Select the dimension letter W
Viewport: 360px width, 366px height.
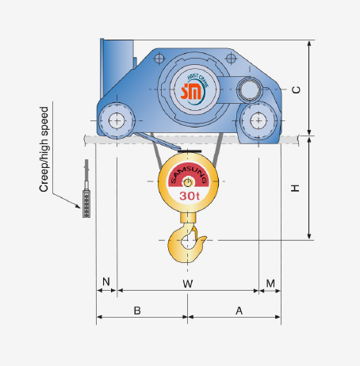click(x=188, y=283)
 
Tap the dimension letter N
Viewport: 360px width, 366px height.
click(x=106, y=283)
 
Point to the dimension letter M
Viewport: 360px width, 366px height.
click(x=270, y=283)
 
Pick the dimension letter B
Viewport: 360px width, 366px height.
click(x=137, y=311)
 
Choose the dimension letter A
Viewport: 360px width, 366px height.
click(x=239, y=311)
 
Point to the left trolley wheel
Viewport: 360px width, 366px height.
click(x=117, y=120)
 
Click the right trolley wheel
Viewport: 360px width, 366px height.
click(x=259, y=120)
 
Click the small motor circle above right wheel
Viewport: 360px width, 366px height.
click(x=250, y=89)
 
